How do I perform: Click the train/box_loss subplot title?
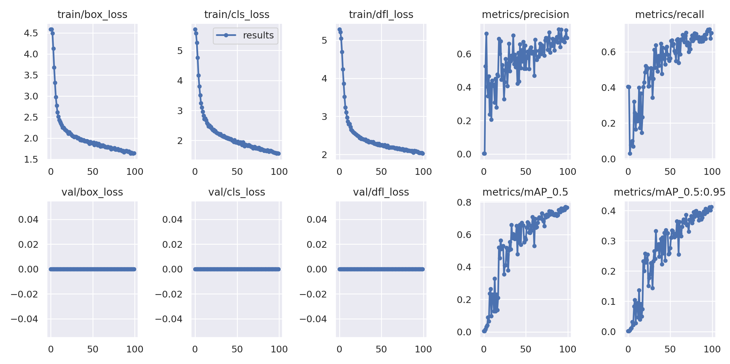(x=92, y=15)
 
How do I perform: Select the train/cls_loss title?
(x=237, y=15)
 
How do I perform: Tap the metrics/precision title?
(x=525, y=15)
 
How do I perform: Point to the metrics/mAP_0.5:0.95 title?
(x=669, y=192)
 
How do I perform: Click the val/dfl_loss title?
(x=381, y=192)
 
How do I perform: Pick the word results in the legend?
(x=258, y=35)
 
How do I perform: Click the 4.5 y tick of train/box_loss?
(x=31, y=33)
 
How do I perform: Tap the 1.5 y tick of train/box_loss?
(x=31, y=159)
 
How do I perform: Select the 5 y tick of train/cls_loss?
(x=180, y=51)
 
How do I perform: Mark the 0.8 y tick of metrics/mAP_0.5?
(x=464, y=202)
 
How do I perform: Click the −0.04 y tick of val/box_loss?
(x=24, y=319)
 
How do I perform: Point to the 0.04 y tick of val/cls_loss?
(x=172, y=219)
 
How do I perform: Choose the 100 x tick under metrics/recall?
(x=712, y=171)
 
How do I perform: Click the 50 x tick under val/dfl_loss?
(x=381, y=349)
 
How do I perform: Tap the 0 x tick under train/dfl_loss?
(x=339, y=171)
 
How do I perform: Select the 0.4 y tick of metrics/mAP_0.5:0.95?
(x=608, y=211)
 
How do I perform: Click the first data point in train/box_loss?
(x=50, y=30)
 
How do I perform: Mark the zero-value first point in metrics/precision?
(x=484, y=153)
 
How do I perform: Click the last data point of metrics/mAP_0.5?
(x=567, y=207)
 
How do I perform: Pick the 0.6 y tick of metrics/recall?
(x=608, y=52)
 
